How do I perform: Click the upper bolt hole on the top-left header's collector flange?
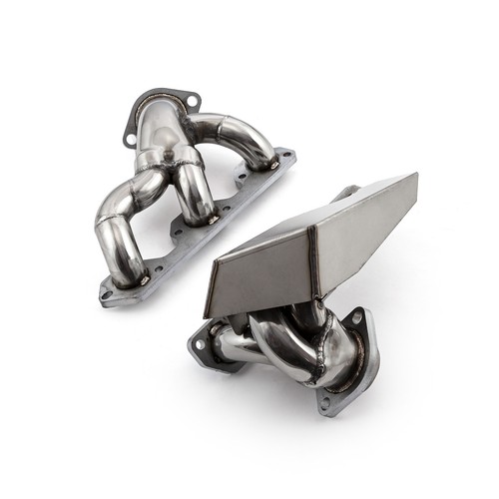tap(191, 100)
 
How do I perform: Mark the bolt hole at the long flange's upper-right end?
tap(287, 157)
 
